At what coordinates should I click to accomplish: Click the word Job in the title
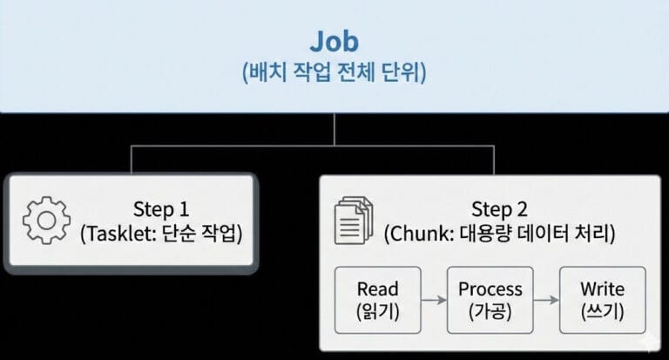334,41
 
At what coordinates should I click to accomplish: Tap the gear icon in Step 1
45,221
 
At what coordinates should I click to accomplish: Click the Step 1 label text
160,209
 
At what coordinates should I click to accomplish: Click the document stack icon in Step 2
354,221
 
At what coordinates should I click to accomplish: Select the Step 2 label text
500,209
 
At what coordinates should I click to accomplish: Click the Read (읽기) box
377,299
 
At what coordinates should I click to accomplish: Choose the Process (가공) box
490,299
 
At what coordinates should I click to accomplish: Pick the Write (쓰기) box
602,299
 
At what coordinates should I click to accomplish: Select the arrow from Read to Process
433,300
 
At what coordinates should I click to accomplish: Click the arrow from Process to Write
545,300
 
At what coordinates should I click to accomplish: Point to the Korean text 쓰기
602,310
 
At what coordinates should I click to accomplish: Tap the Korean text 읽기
377,310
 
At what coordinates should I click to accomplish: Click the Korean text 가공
490,310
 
